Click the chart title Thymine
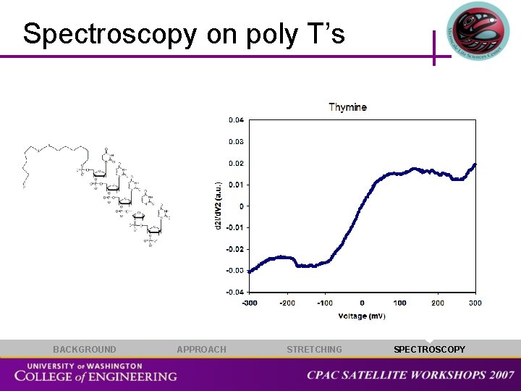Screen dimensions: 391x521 [347, 107]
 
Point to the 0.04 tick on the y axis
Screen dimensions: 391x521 [236, 120]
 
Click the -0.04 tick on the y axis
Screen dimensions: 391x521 [235, 292]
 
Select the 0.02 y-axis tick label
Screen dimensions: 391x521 [236, 163]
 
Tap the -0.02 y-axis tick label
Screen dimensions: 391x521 [235, 249]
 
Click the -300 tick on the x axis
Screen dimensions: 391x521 [249, 303]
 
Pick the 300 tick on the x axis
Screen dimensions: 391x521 [475, 303]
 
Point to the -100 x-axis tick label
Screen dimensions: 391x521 [324, 303]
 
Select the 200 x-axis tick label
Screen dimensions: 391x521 [438, 303]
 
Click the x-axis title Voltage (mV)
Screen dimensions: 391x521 [362, 316]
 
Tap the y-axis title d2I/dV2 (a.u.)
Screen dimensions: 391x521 [219, 206]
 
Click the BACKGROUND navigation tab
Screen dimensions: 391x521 [84, 350]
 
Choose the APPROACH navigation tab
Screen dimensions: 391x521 [201, 350]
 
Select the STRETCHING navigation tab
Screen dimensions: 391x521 [314, 350]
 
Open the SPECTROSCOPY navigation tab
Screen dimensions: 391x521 [429, 350]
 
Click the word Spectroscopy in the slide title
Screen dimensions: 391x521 [109, 34]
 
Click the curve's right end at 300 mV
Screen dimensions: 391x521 [475, 164]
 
